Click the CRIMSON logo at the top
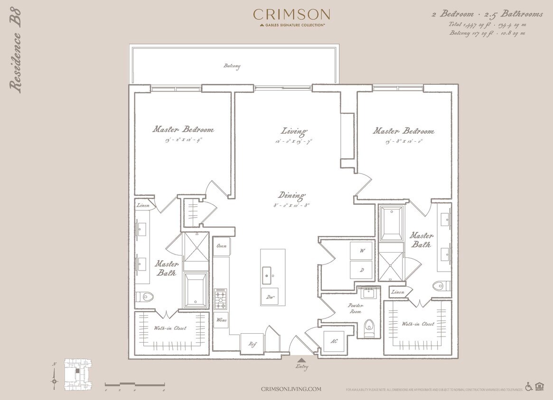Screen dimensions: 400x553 click(x=291, y=14)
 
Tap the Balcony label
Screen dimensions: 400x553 click(x=232, y=66)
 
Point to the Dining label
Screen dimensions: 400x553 click(x=292, y=195)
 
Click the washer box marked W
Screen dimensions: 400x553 click(x=361, y=251)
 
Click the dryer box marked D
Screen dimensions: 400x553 click(x=361, y=270)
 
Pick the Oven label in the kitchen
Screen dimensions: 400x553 click(x=221, y=246)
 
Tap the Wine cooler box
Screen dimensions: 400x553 click(x=221, y=320)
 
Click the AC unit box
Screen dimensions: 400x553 click(x=334, y=341)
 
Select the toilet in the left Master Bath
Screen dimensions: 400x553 click(x=146, y=297)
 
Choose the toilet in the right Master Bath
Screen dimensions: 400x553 click(x=440, y=285)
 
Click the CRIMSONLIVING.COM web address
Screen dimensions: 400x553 click(x=291, y=389)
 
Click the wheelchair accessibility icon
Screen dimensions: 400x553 click(x=528, y=387)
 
